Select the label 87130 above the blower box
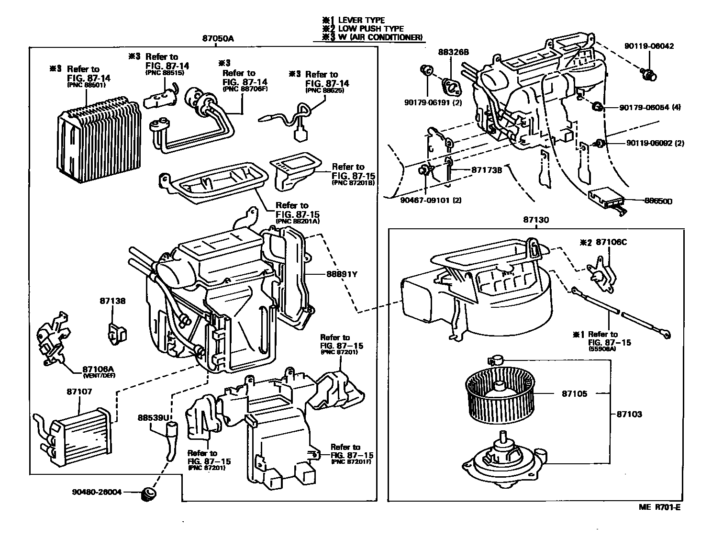point(535,221)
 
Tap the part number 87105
point(574,393)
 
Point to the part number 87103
point(629,414)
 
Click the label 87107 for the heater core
point(79,392)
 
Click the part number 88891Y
point(342,274)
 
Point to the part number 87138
point(112,301)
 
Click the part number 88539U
point(154,417)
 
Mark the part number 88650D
point(656,202)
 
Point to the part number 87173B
point(486,169)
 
